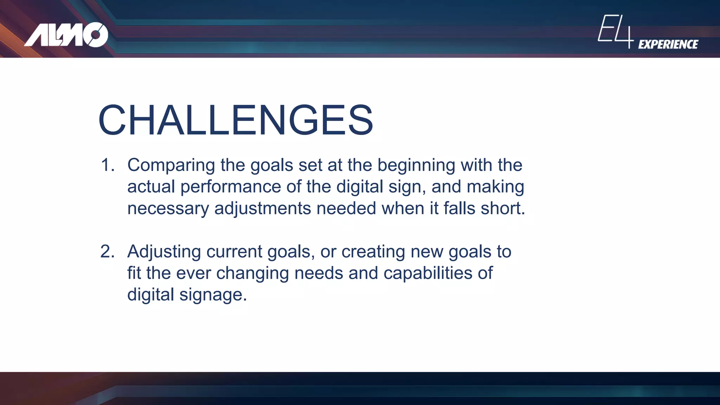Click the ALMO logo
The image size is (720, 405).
[x=66, y=35]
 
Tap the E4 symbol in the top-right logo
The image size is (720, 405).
[x=615, y=31]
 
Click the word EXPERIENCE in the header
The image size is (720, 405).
[x=668, y=44]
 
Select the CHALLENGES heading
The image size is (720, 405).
[x=236, y=120]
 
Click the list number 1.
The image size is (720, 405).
[x=107, y=165]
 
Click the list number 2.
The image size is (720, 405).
[x=107, y=251]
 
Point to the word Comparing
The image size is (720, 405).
[x=171, y=165]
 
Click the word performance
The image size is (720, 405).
[x=230, y=187]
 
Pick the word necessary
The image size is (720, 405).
[x=168, y=208]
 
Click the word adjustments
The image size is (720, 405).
[x=263, y=208]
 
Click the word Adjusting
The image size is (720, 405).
[x=164, y=252]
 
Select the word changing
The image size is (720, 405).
[x=252, y=273]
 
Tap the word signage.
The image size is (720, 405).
[x=213, y=295]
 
